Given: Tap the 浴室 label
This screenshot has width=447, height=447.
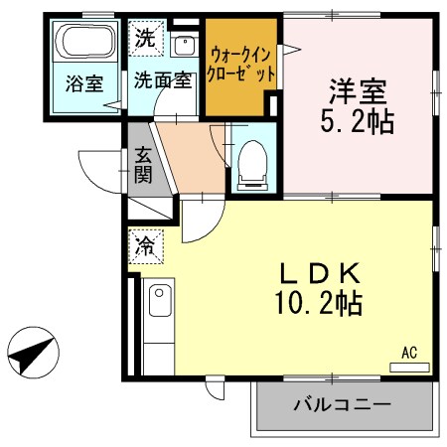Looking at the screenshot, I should click(85, 82).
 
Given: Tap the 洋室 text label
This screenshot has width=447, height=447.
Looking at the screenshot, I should click(358, 95).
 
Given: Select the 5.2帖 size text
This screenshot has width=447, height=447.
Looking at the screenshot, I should click(358, 123).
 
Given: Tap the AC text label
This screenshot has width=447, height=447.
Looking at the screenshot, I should click(408, 352).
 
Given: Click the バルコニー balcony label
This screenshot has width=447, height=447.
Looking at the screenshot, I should click(342, 405).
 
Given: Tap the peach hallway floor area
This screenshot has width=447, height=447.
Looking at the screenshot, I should click(189, 159).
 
